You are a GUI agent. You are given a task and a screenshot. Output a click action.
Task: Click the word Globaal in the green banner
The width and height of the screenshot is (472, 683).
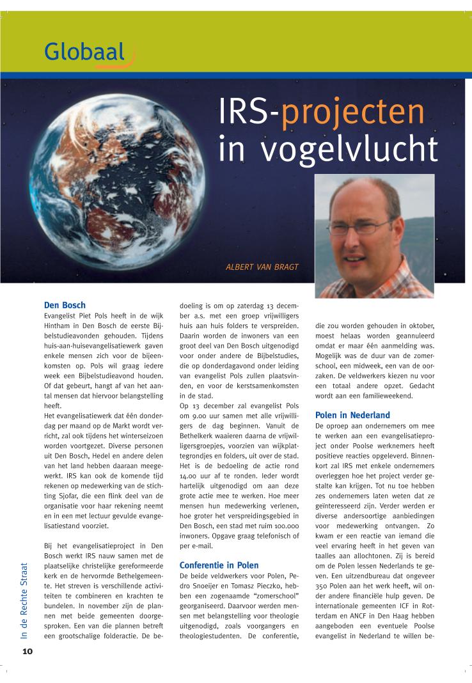coord(85,52)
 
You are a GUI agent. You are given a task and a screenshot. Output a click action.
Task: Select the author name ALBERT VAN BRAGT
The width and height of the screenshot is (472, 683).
coord(262,267)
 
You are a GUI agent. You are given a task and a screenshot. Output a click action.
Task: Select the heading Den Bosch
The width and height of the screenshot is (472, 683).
coord(65,305)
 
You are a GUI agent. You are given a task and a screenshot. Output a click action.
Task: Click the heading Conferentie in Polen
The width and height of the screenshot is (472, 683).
coord(219,565)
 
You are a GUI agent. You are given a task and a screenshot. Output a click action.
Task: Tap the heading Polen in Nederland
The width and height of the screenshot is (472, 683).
coord(353,416)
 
